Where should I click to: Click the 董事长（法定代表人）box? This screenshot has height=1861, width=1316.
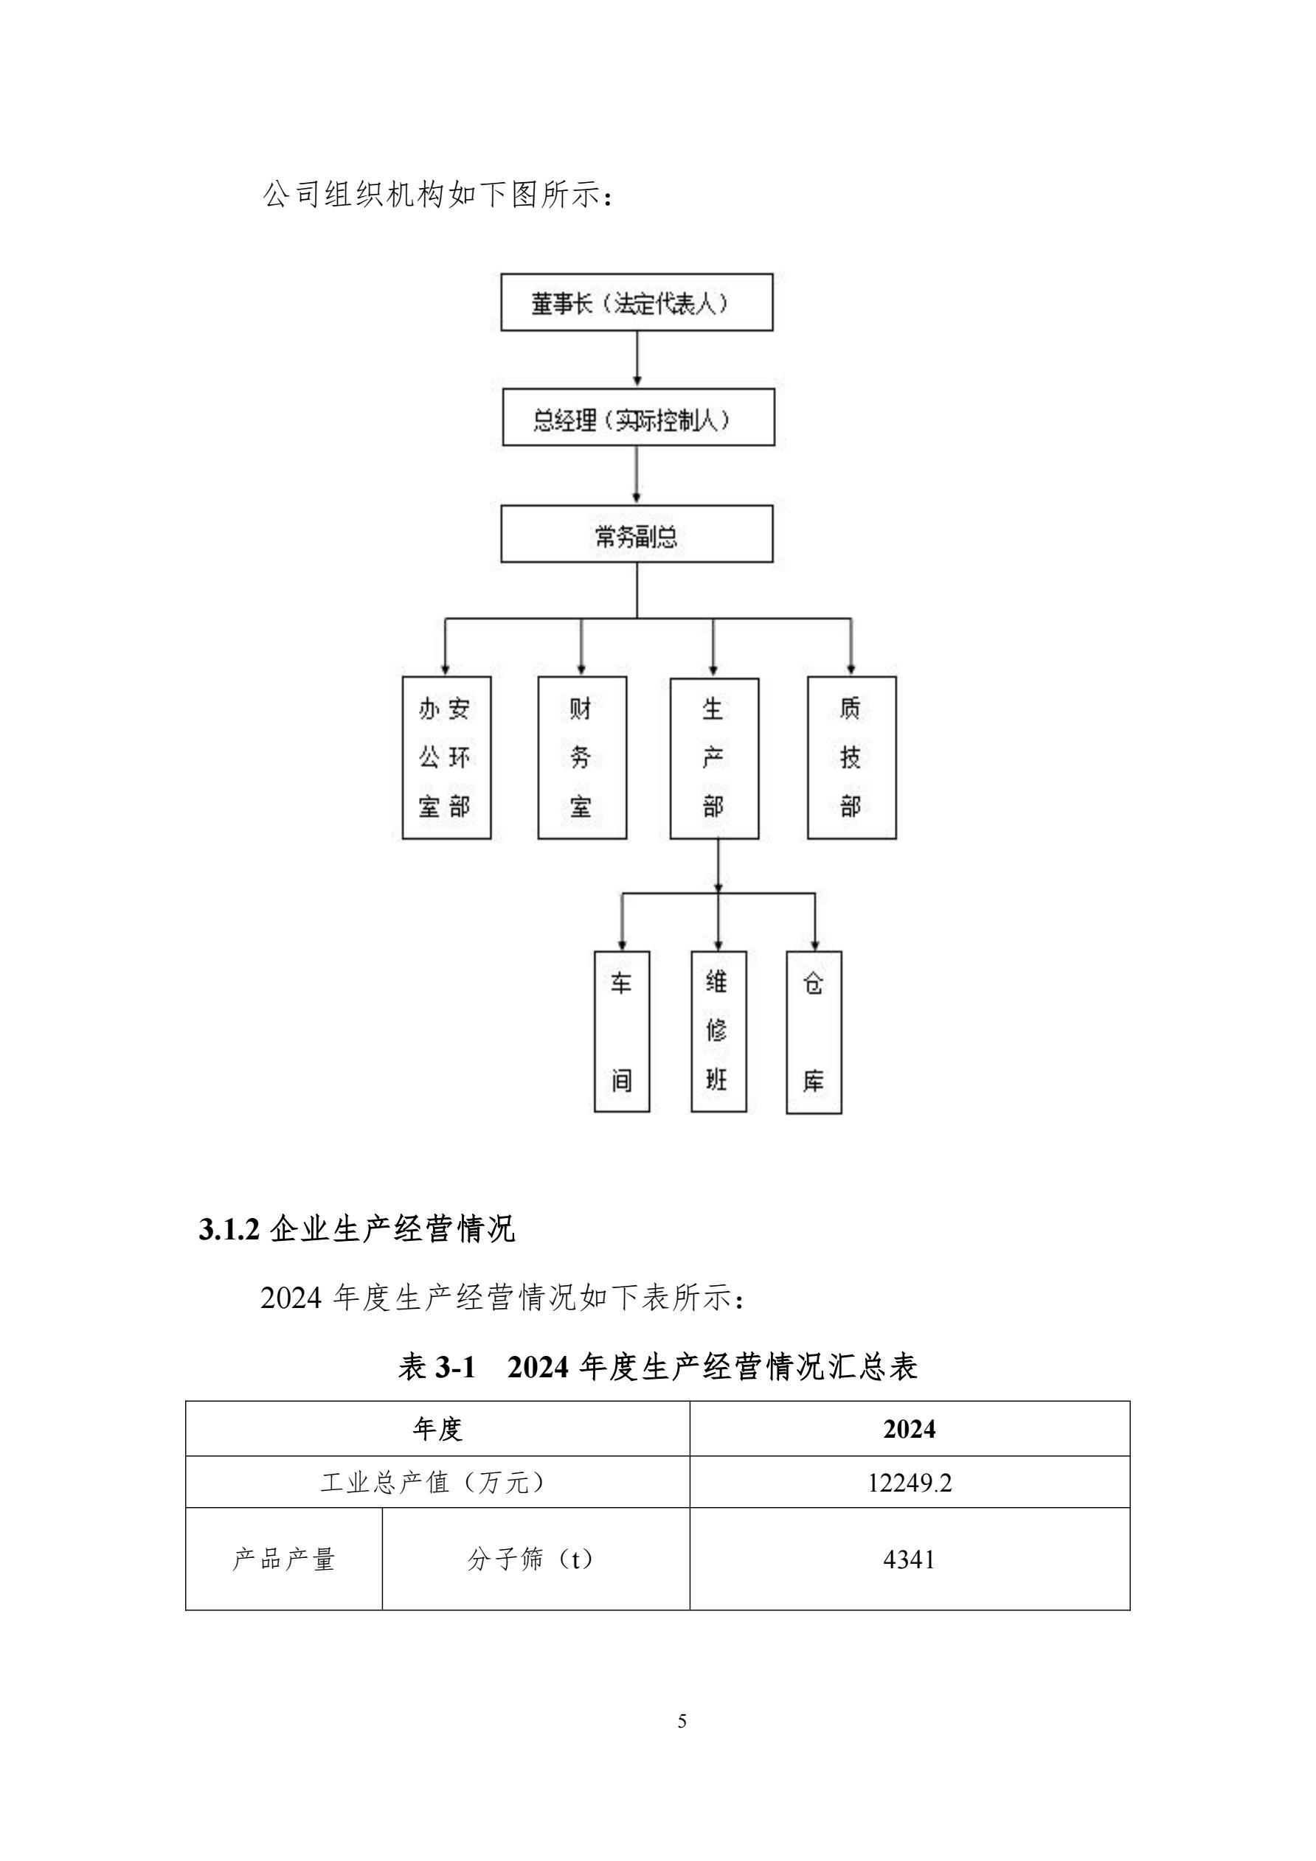coord(637,302)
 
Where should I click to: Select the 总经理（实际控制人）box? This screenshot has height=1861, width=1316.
coord(638,417)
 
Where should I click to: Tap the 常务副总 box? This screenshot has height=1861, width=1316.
coord(637,534)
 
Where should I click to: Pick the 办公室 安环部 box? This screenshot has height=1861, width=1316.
coord(446,758)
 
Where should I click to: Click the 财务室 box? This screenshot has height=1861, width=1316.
coord(581,758)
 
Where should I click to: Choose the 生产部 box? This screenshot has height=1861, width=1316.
coord(713,758)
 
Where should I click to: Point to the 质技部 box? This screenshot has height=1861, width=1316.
coord(851,758)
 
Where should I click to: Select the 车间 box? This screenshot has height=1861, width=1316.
coord(621,1031)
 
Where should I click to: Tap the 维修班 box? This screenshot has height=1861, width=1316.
coord(718,1031)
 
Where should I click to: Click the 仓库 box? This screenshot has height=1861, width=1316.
coord(814,1031)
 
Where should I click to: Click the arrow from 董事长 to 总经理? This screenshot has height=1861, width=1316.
coord(637,359)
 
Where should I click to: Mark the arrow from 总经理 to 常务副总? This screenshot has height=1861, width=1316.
coord(637,475)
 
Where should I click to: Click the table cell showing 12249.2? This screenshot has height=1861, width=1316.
coord(909,1483)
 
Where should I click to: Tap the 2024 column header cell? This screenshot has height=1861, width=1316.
coord(909,1428)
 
